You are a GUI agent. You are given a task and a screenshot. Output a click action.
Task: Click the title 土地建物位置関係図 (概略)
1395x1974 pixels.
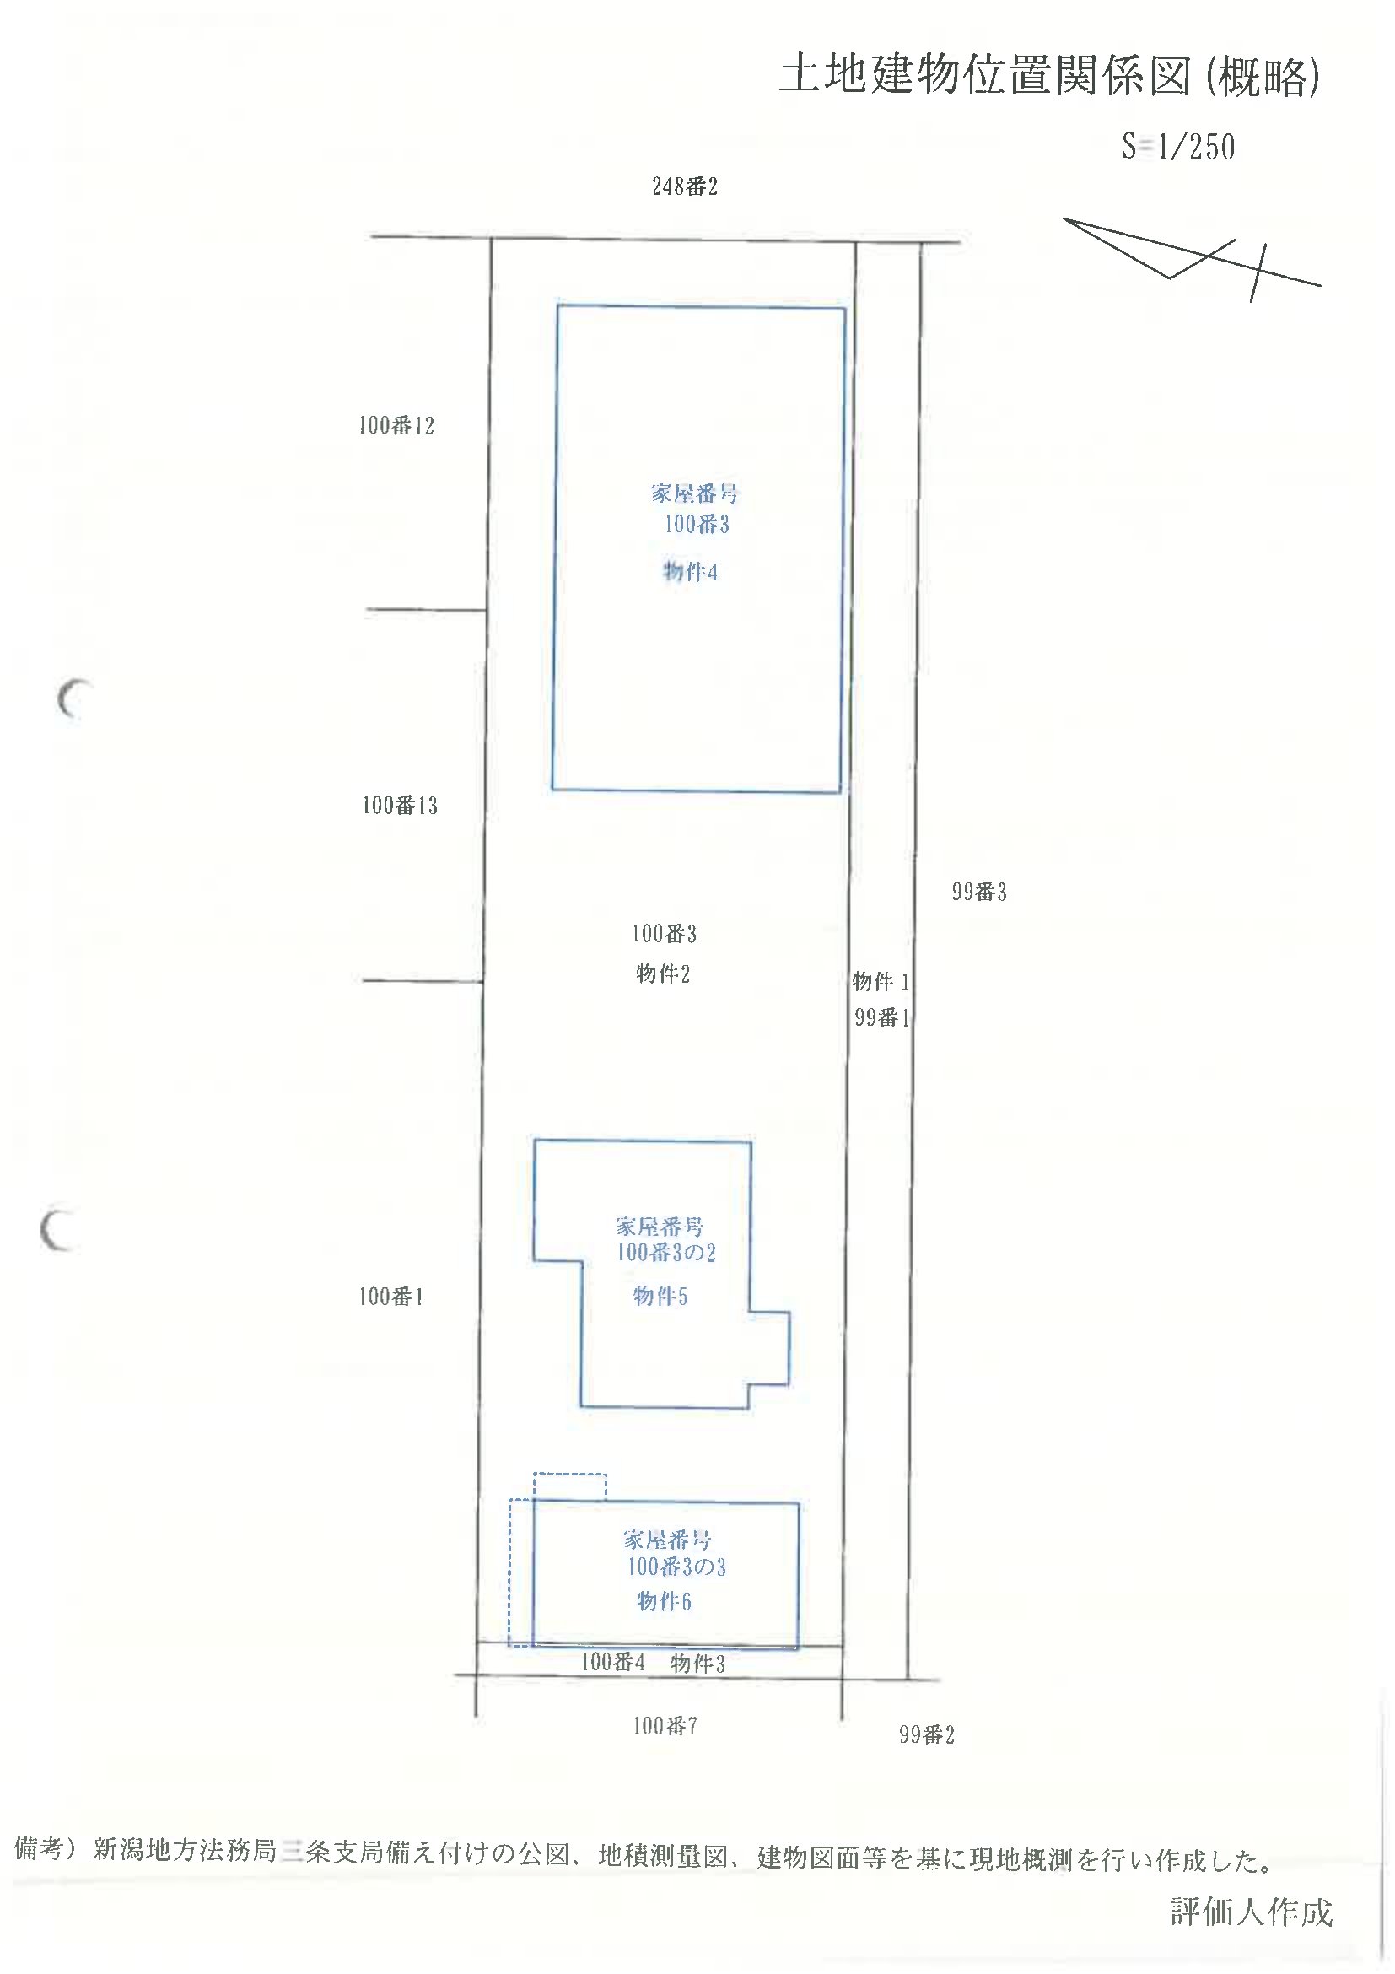click(1049, 77)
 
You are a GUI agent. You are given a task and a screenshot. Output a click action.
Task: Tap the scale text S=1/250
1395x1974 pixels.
click(1178, 147)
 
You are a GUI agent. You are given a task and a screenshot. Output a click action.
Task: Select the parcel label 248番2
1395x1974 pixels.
click(684, 186)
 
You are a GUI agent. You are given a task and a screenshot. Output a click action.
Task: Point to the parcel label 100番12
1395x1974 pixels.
click(396, 425)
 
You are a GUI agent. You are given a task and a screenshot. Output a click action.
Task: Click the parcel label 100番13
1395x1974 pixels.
click(400, 806)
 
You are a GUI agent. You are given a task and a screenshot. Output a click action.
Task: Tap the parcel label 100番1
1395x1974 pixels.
click(391, 1297)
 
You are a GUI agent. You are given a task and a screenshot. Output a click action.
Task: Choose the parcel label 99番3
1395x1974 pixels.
click(979, 892)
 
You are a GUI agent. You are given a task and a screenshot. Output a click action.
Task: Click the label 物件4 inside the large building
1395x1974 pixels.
click(689, 572)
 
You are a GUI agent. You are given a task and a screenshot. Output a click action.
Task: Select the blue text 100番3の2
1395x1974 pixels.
click(666, 1253)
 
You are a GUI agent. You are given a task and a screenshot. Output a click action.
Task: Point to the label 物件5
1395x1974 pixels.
click(660, 1296)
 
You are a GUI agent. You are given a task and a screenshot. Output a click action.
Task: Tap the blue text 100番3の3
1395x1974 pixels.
click(676, 1567)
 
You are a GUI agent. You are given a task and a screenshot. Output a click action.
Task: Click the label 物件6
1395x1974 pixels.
click(664, 1601)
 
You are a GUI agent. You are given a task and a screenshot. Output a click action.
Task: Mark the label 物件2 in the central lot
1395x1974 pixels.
click(663, 974)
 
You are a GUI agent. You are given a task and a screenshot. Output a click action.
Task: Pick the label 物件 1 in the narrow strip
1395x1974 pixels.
click(881, 981)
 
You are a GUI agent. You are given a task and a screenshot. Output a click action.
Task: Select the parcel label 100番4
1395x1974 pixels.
click(613, 1662)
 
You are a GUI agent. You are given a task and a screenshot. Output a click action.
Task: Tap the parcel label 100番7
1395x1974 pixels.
click(665, 1725)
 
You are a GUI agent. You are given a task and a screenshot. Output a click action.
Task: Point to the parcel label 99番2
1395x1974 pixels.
click(927, 1735)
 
